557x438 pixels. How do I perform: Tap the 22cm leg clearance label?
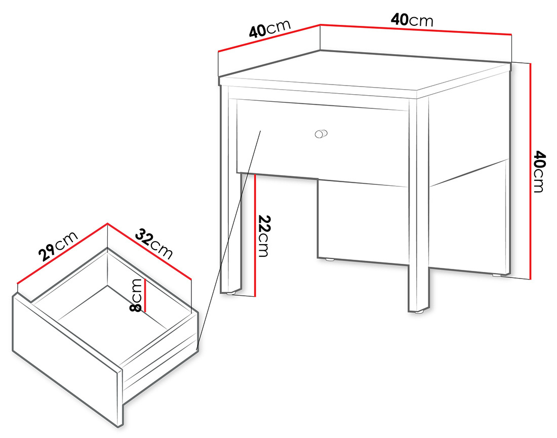click(x=263, y=236)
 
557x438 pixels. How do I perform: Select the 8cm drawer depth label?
click(x=136, y=295)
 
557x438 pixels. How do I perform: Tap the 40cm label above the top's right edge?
click(x=412, y=20)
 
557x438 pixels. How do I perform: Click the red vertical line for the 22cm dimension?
click(x=256, y=235)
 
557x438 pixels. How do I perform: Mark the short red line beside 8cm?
click(x=145, y=295)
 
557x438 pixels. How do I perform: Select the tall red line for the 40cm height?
click(x=530, y=171)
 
